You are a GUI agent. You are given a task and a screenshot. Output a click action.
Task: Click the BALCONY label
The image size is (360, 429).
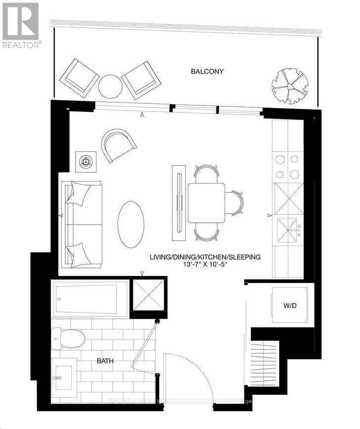pos(207,71)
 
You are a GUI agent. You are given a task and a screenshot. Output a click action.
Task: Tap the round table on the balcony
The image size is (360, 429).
pos(110,86)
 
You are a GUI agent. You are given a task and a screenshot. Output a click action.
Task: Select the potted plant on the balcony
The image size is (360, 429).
pos(290,85)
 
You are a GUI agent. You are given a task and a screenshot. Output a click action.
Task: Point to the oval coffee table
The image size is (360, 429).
pos(131,224)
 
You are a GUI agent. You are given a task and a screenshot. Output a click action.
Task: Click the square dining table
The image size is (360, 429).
pos(206,202)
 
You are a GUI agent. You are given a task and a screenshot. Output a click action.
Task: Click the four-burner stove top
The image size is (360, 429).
pos(287,167)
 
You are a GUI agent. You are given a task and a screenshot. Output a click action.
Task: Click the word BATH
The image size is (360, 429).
pos(105,361)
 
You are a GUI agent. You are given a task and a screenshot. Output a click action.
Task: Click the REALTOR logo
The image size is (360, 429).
pos(21,25)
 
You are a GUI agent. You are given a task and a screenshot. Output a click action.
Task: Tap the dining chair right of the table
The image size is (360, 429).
pos(234,202)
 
